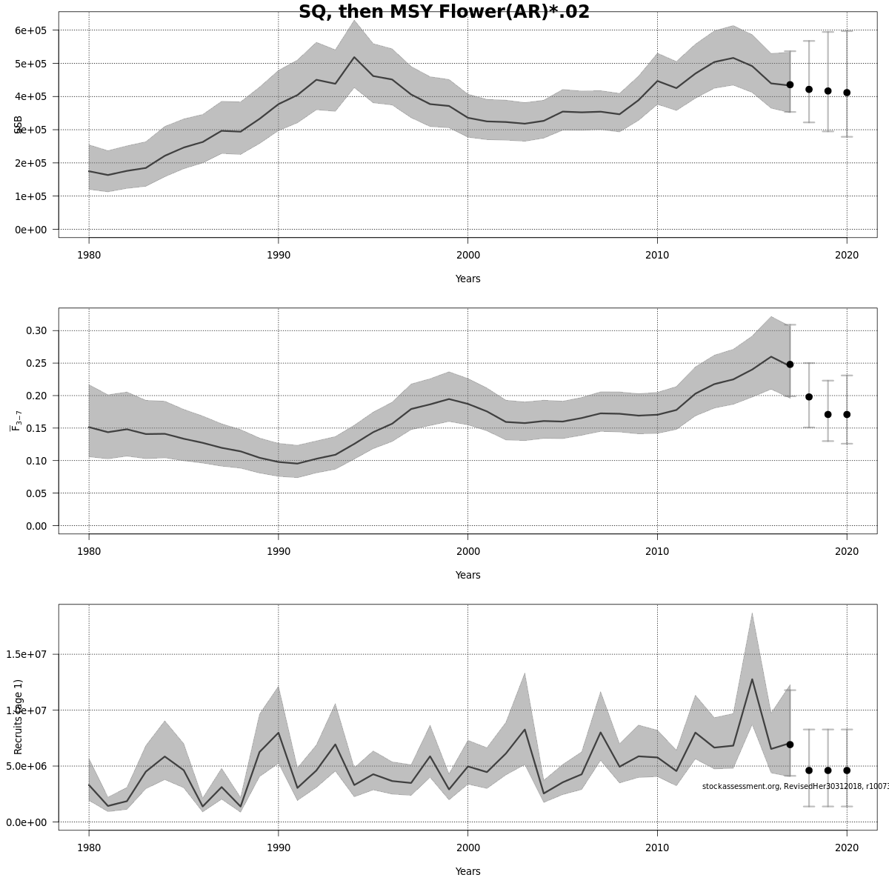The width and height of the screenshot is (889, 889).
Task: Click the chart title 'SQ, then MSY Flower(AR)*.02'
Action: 444,12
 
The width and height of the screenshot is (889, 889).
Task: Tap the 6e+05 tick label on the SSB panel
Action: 30,30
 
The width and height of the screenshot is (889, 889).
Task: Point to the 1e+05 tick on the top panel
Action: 30,196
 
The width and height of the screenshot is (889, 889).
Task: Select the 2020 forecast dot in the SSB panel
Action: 847,93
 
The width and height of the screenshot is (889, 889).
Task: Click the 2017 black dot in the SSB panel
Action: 790,85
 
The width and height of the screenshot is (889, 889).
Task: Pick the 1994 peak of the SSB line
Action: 354,58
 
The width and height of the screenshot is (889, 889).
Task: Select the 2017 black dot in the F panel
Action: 790,364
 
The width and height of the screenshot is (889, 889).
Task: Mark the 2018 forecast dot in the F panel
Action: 809,397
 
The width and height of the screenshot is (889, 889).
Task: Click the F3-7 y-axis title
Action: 16,419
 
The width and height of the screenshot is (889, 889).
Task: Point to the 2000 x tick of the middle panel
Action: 467,551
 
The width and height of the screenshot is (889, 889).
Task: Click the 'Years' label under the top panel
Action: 467,279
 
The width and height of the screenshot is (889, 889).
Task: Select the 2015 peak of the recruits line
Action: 752,679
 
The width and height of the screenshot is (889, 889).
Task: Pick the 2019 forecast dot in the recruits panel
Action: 828,770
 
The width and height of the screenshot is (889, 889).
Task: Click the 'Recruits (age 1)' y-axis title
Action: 19,716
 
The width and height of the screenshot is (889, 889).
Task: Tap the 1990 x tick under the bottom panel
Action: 278,848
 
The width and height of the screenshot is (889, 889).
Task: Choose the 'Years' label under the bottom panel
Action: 467,872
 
